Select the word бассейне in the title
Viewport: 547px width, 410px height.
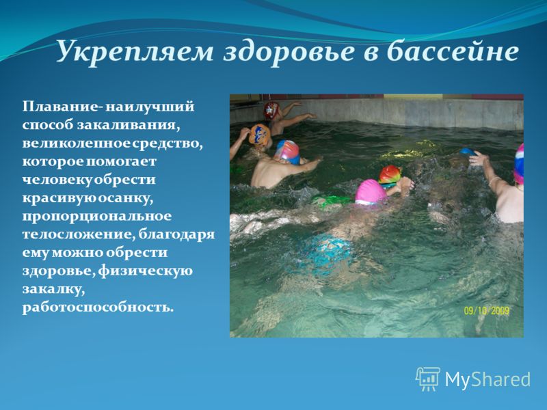[x=453, y=51]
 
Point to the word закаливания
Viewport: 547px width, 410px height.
[x=129, y=124]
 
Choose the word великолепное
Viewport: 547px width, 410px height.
[x=77, y=143]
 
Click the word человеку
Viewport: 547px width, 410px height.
[x=58, y=180]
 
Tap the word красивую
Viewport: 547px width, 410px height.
[x=59, y=198]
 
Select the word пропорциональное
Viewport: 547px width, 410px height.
[x=97, y=216]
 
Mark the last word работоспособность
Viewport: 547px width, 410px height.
[x=98, y=307]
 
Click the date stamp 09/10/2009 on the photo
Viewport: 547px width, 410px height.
[x=486, y=310]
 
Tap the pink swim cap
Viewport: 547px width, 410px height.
[x=371, y=191]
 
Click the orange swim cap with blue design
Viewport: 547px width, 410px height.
[x=260, y=135]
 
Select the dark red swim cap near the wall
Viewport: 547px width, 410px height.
[x=271, y=110]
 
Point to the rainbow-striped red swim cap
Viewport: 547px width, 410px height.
[x=390, y=175]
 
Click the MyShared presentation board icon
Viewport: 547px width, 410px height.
[x=428, y=379]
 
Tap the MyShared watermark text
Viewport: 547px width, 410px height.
[x=488, y=379]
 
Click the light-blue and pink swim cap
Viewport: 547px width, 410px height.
[x=287, y=152]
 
